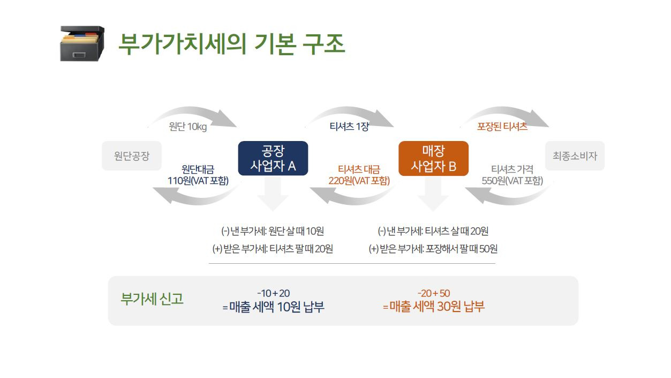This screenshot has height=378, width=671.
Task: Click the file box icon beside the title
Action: pos(82,43)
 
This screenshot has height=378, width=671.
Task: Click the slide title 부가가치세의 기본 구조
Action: pos(231,44)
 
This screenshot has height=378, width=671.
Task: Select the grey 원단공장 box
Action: pos(132,155)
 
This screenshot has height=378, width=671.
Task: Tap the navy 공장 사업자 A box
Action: pos(273,158)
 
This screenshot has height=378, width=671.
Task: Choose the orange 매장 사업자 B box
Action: pos(433,158)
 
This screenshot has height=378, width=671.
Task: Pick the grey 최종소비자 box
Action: pos(575,155)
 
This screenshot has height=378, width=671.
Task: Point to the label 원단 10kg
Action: pos(188,127)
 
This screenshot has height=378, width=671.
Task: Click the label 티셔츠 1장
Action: pos(349,127)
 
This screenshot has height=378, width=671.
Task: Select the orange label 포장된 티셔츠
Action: pos(502,127)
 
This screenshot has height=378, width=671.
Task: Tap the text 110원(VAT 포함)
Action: pos(198,181)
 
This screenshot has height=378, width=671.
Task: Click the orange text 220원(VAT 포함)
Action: pos(359,181)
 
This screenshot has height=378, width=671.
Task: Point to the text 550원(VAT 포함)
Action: pos(512,181)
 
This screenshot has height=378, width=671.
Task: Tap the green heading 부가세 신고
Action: pos(152,299)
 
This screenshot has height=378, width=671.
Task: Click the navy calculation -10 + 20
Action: pos(274,293)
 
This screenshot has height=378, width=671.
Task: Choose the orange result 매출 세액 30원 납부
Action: pos(437,307)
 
